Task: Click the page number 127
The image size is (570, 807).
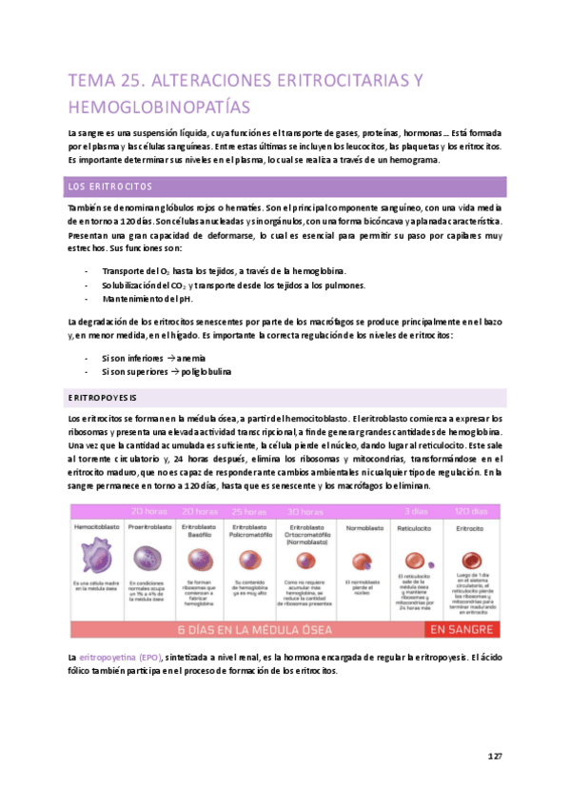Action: coord(494,756)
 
